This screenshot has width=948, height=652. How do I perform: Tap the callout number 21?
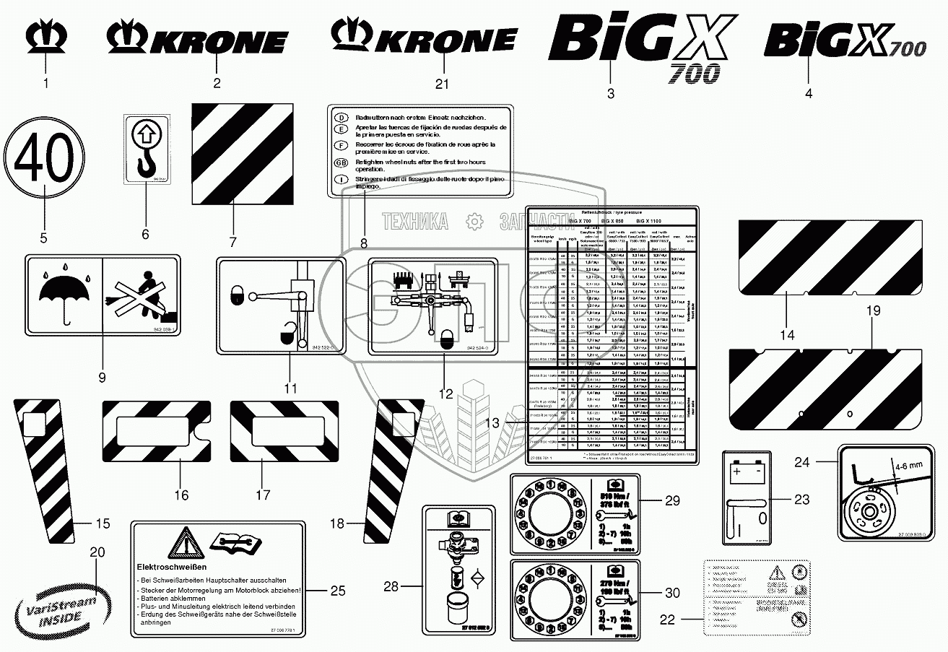tap(442, 84)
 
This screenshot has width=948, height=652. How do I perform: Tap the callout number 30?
tap(672, 593)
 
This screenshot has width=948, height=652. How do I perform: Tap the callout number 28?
tap(391, 587)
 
